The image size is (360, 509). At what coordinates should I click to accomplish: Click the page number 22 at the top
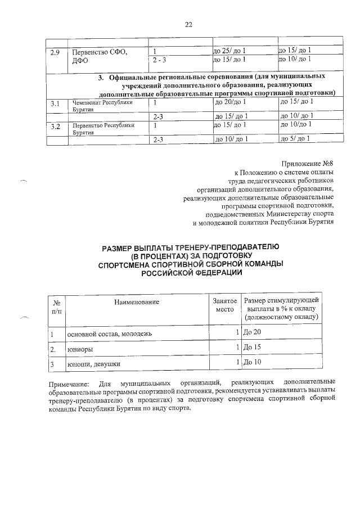(x=188, y=24)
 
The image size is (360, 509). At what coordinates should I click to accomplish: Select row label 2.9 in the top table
(x=55, y=53)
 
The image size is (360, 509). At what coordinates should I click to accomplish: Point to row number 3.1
(x=55, y=104)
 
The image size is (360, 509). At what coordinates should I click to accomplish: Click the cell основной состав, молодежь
(x=110, y=335)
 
